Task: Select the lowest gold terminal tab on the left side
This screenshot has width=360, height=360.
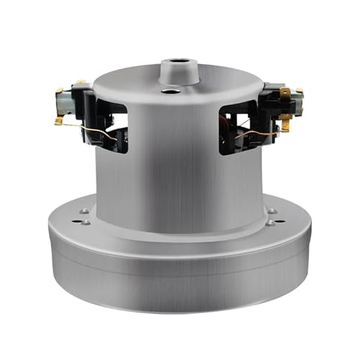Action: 58,121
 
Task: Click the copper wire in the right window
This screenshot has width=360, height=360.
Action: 249,130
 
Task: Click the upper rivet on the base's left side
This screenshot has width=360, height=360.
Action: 86,211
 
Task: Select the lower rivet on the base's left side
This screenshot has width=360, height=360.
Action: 87,222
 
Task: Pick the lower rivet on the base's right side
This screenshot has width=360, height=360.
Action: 269,222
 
